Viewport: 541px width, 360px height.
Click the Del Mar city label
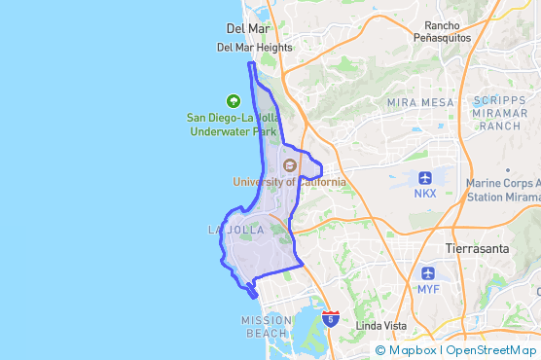246,28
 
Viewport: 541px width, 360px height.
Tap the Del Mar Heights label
254,47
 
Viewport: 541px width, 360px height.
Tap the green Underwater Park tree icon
233,100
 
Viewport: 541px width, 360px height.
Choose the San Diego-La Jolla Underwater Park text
233,124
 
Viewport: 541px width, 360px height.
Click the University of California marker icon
289,165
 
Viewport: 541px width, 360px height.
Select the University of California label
289,181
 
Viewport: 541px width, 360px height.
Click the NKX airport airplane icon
425,177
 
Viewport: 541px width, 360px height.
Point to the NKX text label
425,193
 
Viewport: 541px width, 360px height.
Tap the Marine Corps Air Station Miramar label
502,189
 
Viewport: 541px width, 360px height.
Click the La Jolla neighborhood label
236,230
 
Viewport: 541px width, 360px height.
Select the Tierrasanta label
477,248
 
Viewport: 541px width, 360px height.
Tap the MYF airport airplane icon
428,273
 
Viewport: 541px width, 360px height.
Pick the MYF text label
428,289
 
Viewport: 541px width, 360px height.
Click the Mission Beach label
266,326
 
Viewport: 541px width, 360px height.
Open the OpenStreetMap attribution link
491,350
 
